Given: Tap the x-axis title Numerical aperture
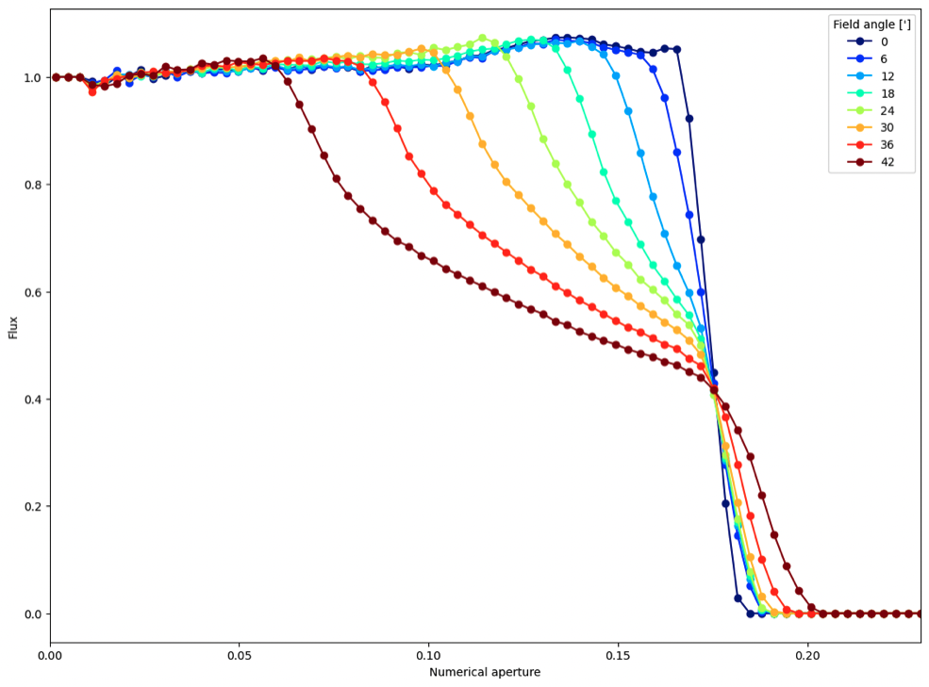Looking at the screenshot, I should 485,672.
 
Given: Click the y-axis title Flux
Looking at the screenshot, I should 13,328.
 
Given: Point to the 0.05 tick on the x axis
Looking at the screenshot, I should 240,655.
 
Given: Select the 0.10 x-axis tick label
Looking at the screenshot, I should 428,655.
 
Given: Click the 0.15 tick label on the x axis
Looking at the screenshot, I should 618,655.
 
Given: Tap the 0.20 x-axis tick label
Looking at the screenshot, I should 806,655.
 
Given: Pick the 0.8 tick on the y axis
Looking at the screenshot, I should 31,185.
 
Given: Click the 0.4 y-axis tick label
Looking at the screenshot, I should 31,400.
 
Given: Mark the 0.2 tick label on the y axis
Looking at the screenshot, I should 31,507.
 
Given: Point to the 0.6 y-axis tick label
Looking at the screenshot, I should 31,292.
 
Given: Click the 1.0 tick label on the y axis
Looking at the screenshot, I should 31,77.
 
